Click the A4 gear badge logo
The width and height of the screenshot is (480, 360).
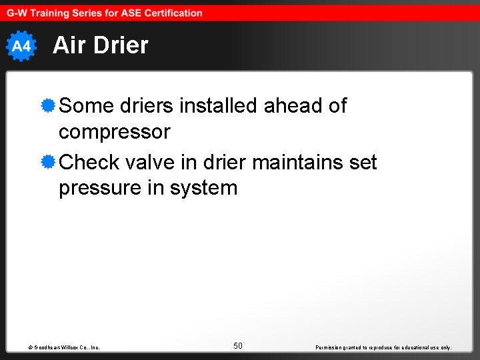coord(21,46)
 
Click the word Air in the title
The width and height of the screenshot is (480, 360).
coord(68,45)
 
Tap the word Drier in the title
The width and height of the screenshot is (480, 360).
coord(119,45)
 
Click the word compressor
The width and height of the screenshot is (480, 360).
coord(115,132)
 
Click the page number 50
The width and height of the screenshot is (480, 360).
coord(238,345)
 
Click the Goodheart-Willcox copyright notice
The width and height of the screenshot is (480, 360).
coord(64,347)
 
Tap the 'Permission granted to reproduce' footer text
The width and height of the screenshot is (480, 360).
coord(383,347)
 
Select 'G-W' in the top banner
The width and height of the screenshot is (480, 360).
coord(18,13)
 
